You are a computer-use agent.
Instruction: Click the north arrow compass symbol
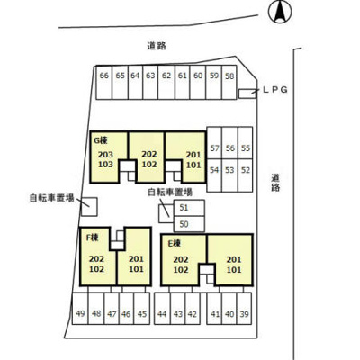[280, 12]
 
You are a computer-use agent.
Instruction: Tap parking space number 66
[104, 83]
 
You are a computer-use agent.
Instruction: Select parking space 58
[229, 83]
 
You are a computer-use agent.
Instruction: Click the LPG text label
[275, 89]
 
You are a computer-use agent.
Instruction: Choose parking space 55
[246, 143]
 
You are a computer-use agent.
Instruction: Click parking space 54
[214, 175]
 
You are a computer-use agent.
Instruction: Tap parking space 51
[189, 208]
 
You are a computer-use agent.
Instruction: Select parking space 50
[189, 224]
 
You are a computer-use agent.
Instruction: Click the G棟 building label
[101, 140]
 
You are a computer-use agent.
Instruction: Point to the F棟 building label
[93, 238]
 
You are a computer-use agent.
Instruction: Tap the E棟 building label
[174, 243]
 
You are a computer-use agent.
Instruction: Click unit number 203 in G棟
[105, 155]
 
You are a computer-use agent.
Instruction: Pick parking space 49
[80, 309]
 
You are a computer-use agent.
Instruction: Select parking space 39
[244, 309]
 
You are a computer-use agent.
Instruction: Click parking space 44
[162, 309]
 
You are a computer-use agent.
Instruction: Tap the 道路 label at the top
[157, 46]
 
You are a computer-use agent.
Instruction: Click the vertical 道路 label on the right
[275, 183]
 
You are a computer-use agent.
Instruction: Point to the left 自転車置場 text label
[51, 198]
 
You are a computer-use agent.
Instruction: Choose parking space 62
[166, 83]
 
